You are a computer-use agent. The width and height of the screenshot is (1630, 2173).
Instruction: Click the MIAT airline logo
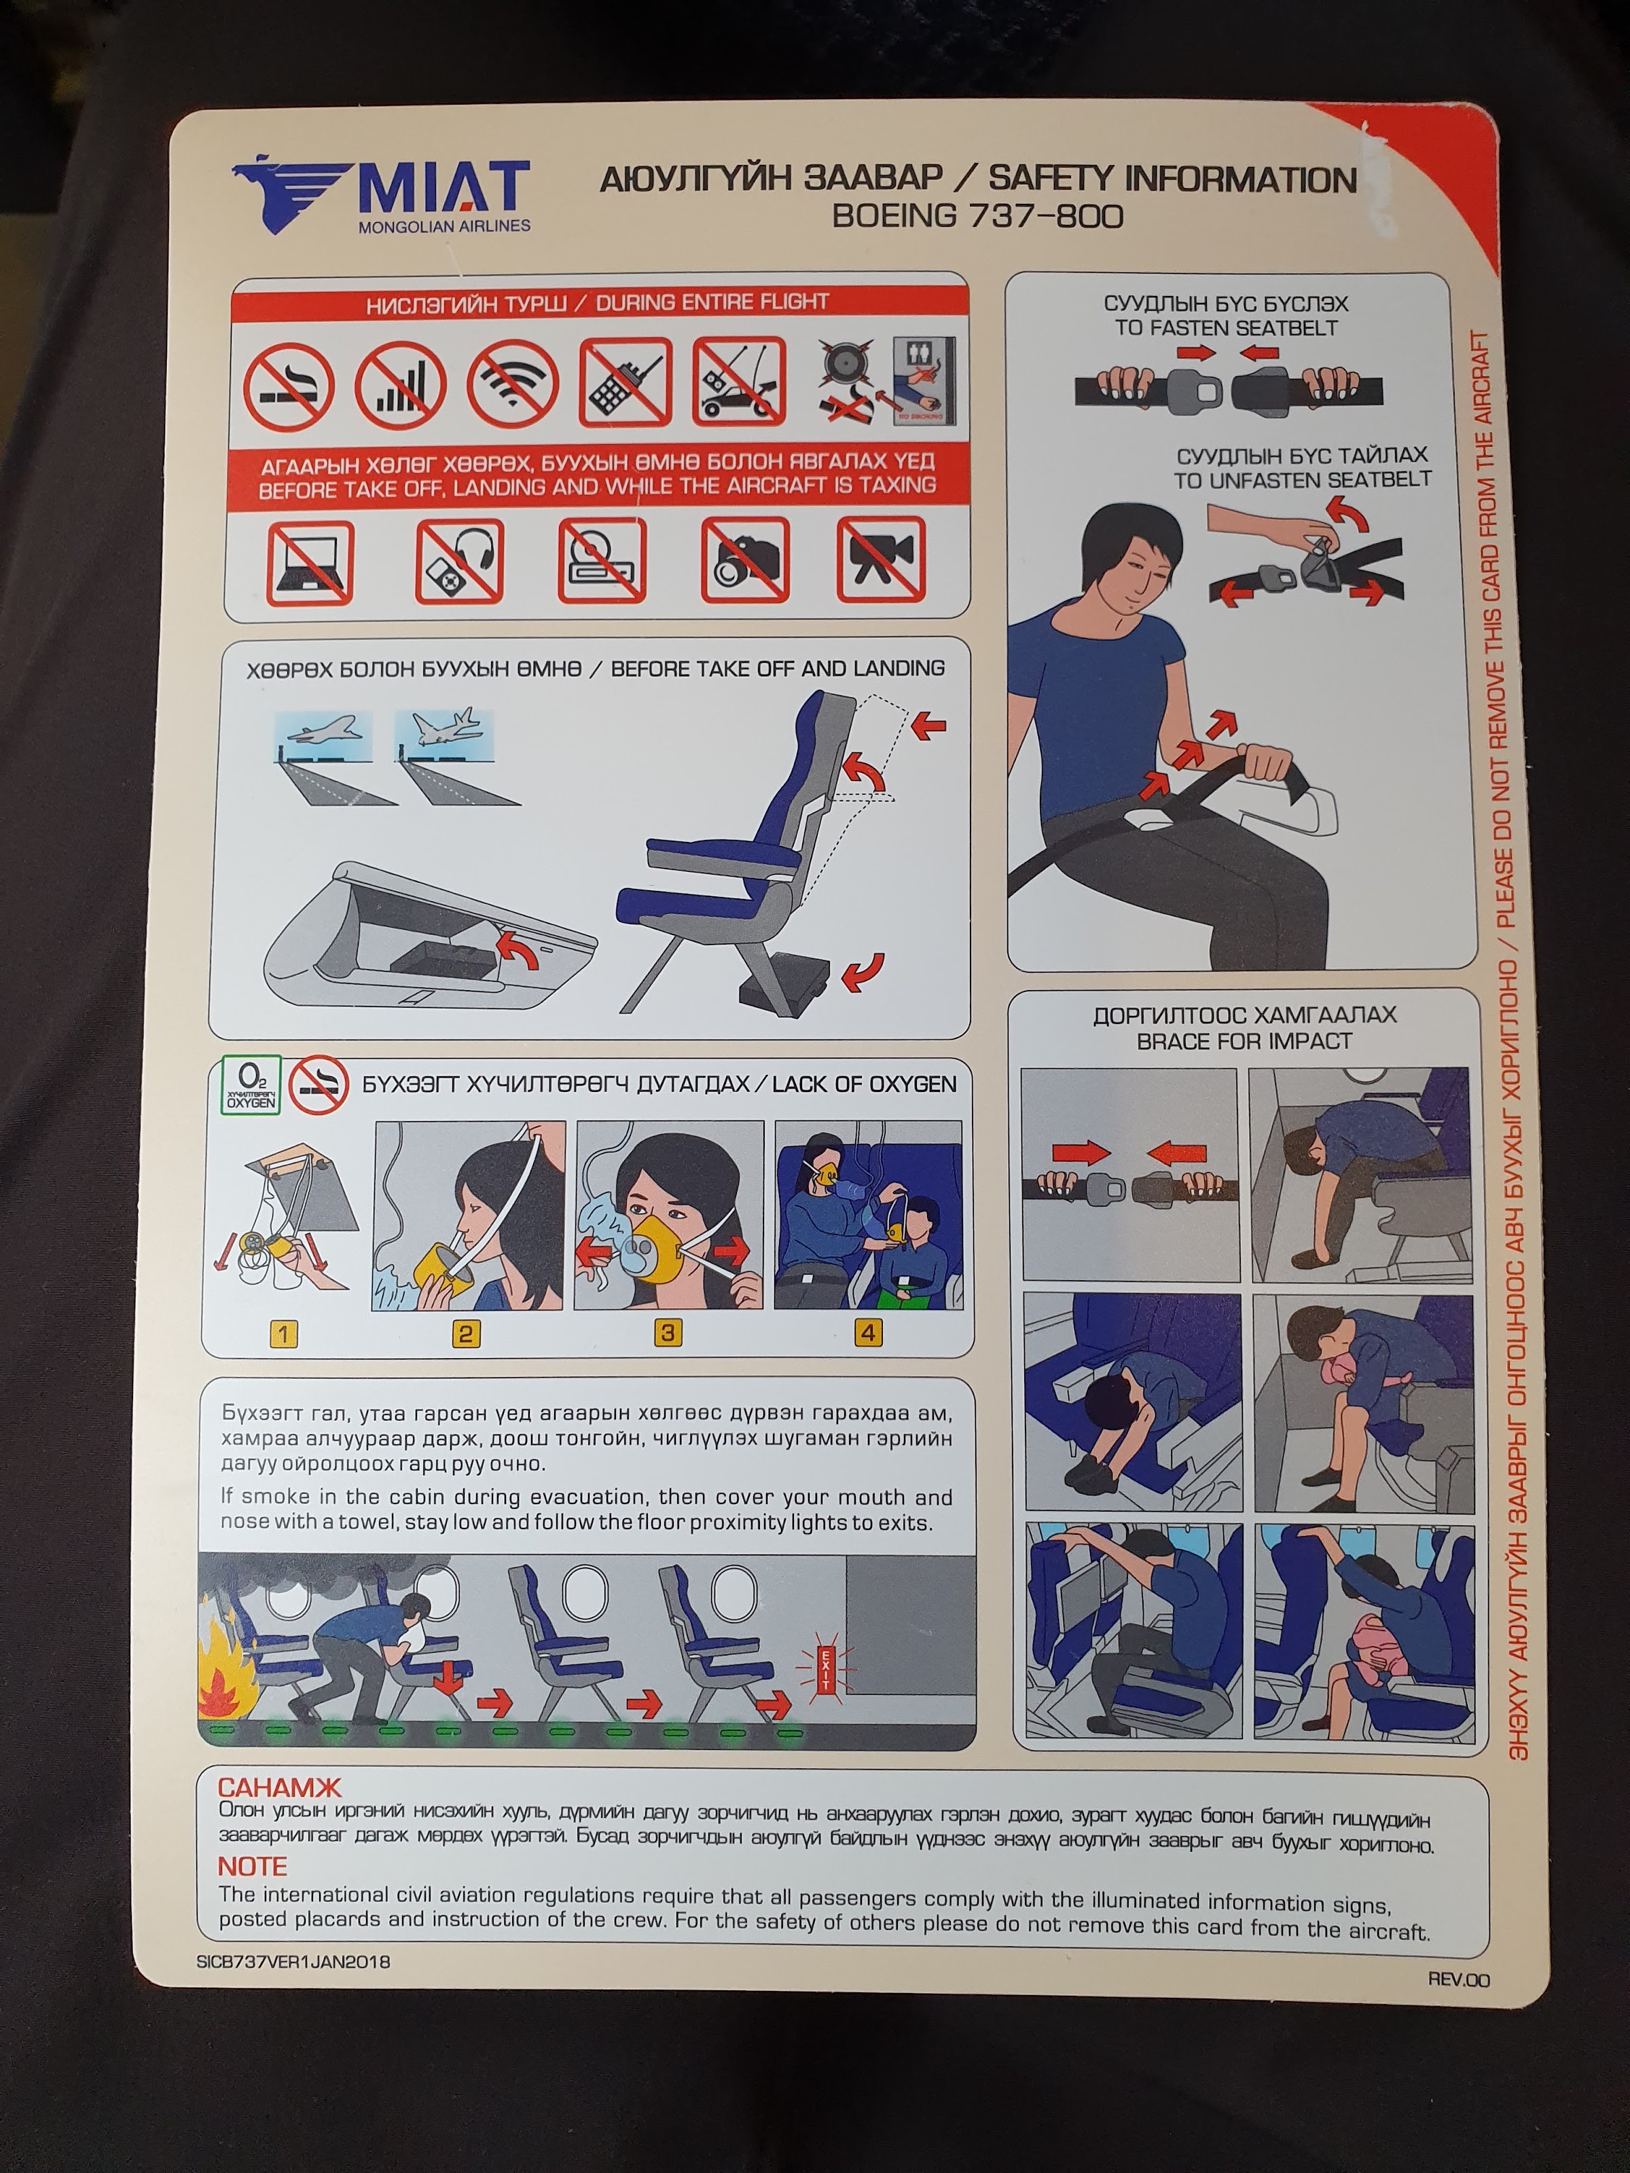pyautogui.click(x=381, y=194)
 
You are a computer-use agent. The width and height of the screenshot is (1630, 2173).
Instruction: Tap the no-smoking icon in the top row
pyautogui.click(x=289, y=387)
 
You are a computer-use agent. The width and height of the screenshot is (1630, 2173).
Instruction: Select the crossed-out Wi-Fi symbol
pyautogui.click(x=513, y=384)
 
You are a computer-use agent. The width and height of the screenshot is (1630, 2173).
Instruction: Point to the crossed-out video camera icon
pyautogui.click(x=880, y=559)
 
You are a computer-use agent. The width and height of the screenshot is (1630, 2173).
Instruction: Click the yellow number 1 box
pyautogui.click(x=283, y=1333)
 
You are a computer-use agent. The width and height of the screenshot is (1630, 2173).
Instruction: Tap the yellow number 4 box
pyautogui.click(x=867, y=1332)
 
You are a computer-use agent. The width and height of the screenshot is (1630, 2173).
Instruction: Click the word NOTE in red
pyautogui.click(x=253, y=1867)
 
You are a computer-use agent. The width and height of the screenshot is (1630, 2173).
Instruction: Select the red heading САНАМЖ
pyautogui.click(x=279, y=1787)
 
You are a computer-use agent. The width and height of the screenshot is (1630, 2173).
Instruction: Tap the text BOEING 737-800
pyautogui.click(x=977, y=215)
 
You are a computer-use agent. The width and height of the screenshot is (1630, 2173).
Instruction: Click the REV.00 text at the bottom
pyautogui.click(x=1459, y=1979)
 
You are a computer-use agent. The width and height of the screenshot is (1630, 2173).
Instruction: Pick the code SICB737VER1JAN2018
pyautogui.click(x=293, y=1962)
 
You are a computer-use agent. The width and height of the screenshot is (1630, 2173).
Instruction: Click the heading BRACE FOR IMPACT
pyautogui.click(x=1244, y=1041)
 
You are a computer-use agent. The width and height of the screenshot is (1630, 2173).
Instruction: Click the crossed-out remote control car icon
pyautogui.click(x=739, y=381)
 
